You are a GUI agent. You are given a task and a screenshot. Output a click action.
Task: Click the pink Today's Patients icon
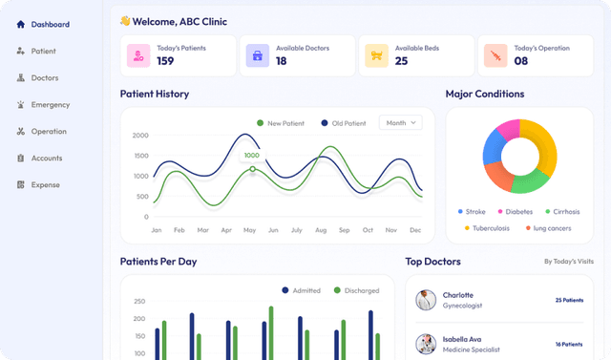(x=139, y=55)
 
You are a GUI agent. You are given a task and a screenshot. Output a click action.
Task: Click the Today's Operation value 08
(x=521, y=61)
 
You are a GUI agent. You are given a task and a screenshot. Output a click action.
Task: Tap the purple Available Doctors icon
(x=257, y=55)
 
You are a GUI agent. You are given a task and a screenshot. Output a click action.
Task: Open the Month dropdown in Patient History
(x=400, y=122)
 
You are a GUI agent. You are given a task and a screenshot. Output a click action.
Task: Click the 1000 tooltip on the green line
(x=252, y=155)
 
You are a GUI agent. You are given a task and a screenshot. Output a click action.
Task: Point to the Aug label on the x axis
(x=321, y=230)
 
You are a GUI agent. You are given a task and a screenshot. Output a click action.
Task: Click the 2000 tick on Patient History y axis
(x=140, y=136)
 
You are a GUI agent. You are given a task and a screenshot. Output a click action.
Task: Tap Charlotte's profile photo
(x=427, y=300)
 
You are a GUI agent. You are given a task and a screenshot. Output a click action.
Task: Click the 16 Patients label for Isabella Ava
(x=569, y=344)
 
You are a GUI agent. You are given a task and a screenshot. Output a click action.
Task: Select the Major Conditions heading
(x=485, y=94)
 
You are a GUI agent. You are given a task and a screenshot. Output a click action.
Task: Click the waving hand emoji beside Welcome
(x=125, y=20)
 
